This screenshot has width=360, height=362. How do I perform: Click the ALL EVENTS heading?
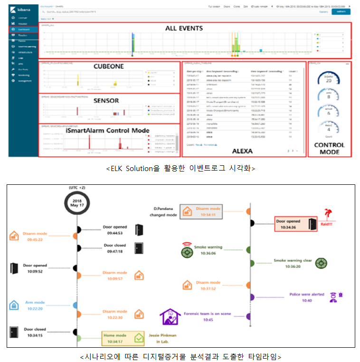coord(184,29)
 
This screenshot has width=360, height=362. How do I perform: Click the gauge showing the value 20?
coord(329,78)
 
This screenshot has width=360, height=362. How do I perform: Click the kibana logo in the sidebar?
coord(23,9)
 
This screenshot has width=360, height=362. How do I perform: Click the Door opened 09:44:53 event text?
coord(115,230)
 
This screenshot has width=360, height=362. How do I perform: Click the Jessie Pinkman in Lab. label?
coord(163,338)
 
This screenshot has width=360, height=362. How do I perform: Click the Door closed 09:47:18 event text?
coord(115,248)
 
